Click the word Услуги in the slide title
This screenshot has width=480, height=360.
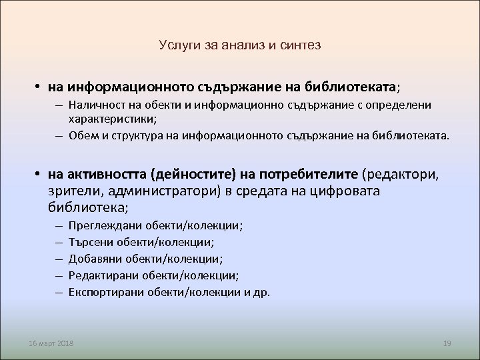pyautogui.click(x=177, y=45)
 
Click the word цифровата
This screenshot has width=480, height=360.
pyautogui.click(x=340, y=191)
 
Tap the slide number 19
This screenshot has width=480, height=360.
pyautogui.click(x=447, y=343)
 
